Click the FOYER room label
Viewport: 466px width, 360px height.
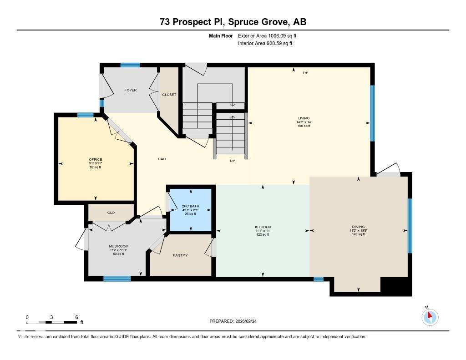[x=131, y=90]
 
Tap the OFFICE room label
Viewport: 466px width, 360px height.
[x=96, y=159]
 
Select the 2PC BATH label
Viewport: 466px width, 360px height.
[x=190, y=206]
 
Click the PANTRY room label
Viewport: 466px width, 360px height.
[x=181, y=255]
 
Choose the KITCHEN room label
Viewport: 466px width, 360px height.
[x=263, y=227]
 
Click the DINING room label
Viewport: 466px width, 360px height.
[x=358, y=227]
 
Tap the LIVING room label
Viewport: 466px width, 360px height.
[x=304, y=118]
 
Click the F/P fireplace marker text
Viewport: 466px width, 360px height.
[x=306, y=73]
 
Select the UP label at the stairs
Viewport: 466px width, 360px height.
[x=232, y=161]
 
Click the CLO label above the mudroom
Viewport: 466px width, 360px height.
[x=111, y=212]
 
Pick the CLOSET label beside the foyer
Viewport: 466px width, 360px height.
[x=169, y=95]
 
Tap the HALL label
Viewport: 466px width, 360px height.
[x=162, y=159]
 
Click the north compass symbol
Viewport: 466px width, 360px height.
[x=430, y=317]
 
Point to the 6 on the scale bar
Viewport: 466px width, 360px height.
[x=76, y=317]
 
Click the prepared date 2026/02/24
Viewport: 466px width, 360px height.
[x=249, y=321]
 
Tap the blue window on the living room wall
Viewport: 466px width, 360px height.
[x=372, y=113]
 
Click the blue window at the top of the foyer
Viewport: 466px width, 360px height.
[x=130, y=65]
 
